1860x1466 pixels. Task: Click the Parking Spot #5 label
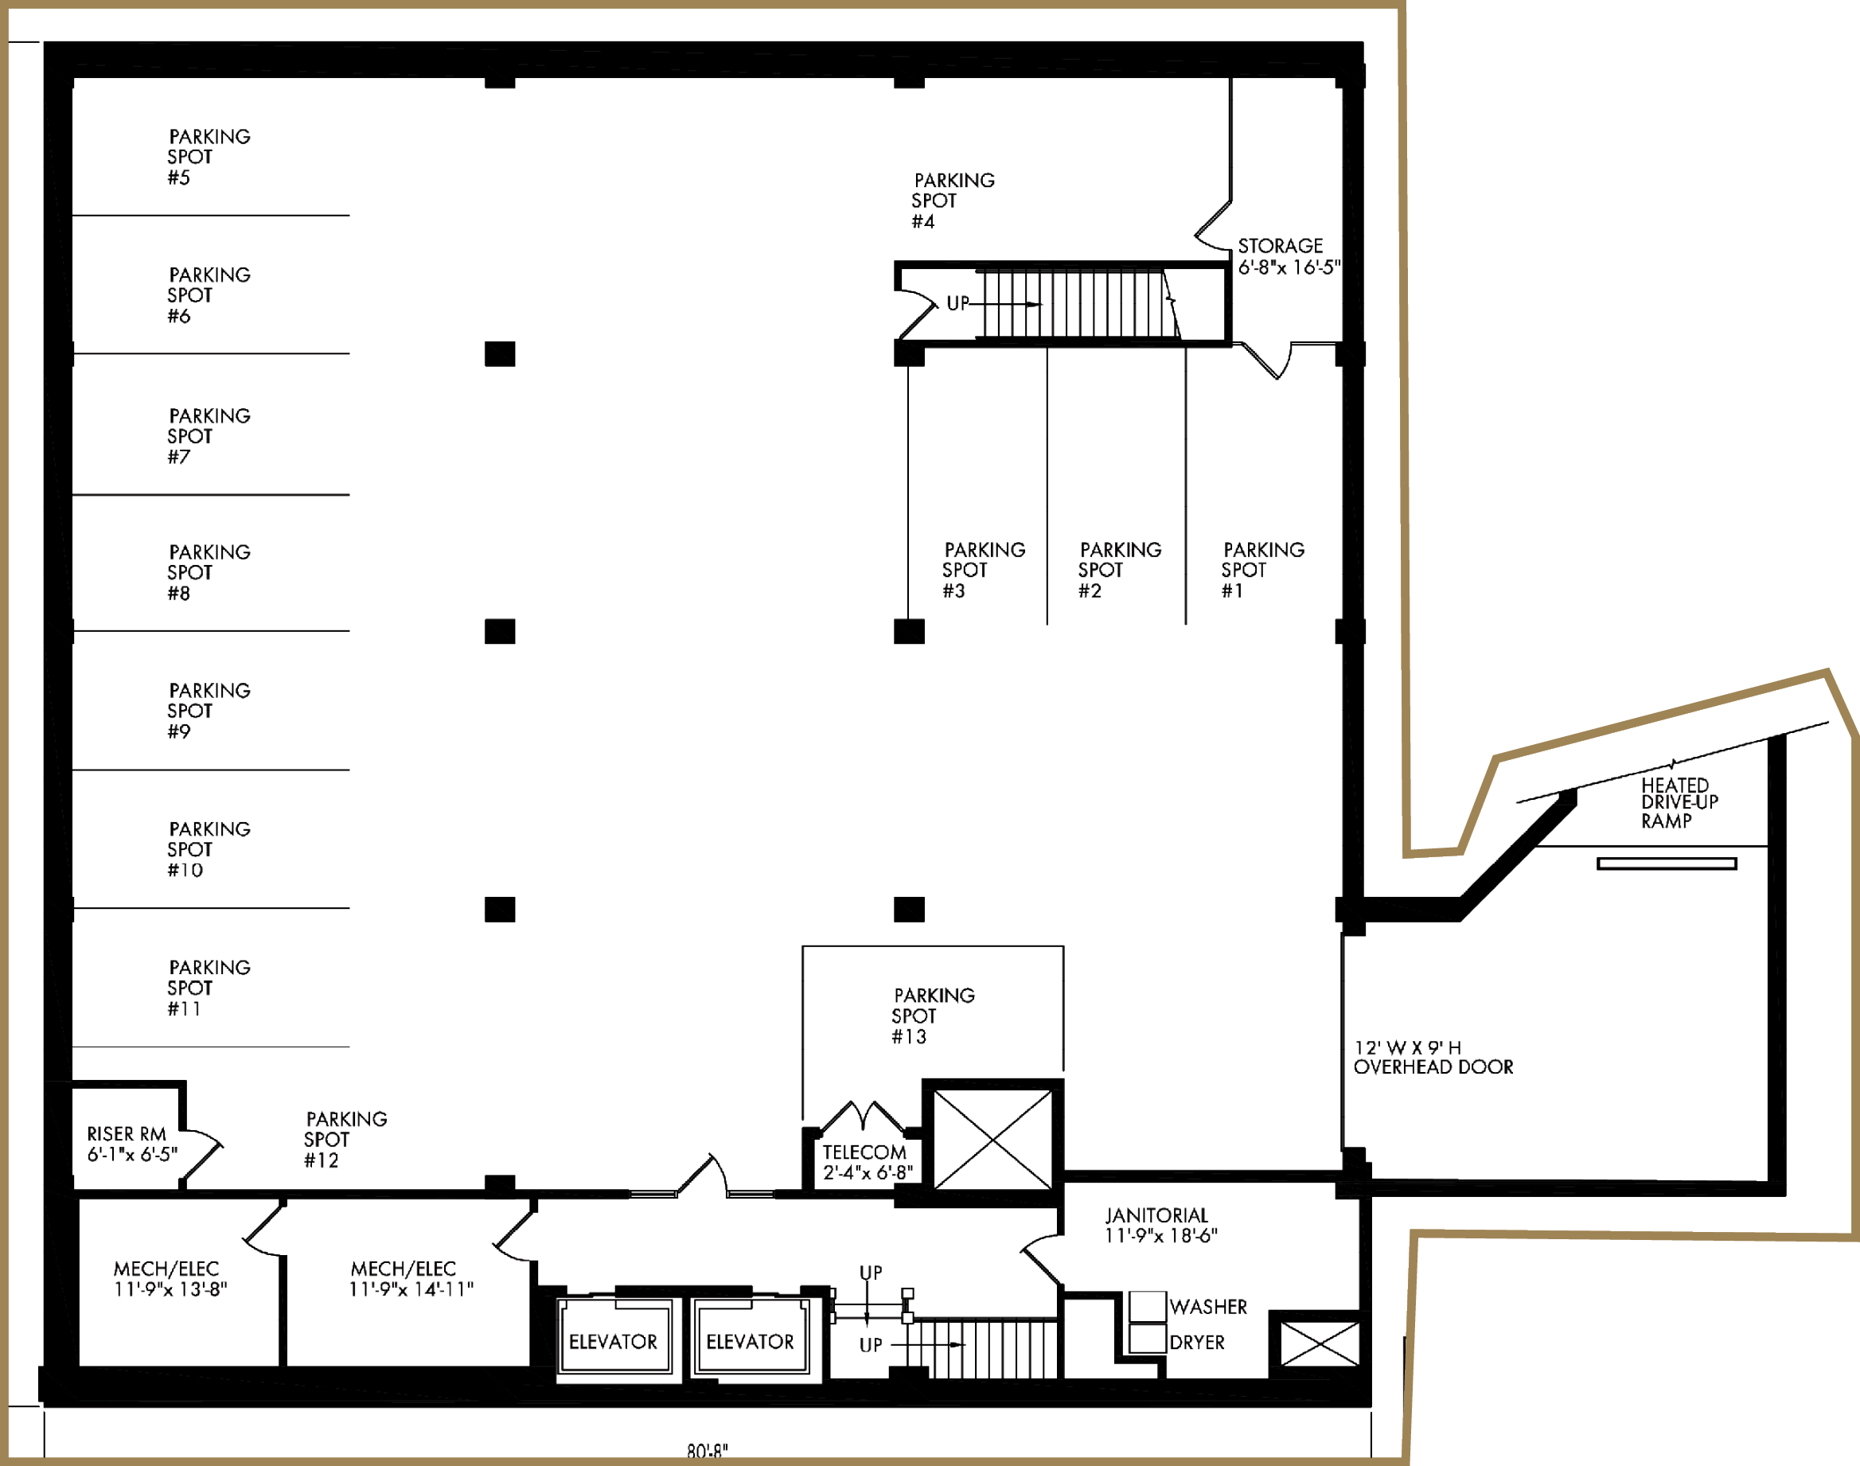(x=209, y=157)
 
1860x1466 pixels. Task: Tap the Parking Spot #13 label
(x=933, y=1016)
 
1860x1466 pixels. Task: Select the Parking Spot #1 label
(x=1262, y=570)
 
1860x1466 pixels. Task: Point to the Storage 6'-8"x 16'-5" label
(x=1289, y=256)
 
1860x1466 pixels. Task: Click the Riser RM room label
(x=132, y=1144)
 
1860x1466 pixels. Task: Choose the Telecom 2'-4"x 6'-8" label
(x=868, y=1162)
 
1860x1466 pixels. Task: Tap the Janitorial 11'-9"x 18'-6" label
(x=1160, y=1225)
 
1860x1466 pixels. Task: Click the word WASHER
(x=1207, y=1306)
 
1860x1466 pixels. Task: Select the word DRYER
(x=1196, y=1343)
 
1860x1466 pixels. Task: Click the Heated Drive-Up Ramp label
(x=1679, y=803)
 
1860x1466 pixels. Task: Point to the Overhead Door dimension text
(x=1433, y=1058)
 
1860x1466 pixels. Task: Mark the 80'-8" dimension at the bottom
(x=708, y=1451)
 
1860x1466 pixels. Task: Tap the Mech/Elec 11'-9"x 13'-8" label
(x=170, y=1279)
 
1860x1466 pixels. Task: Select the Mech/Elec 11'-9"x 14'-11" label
(x=410, y=1279)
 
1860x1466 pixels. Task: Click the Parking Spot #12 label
(x=346, y=1140)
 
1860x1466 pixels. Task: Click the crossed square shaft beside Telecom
(x=993, y=1139)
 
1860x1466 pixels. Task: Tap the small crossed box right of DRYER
(x=1320, y=1344)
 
